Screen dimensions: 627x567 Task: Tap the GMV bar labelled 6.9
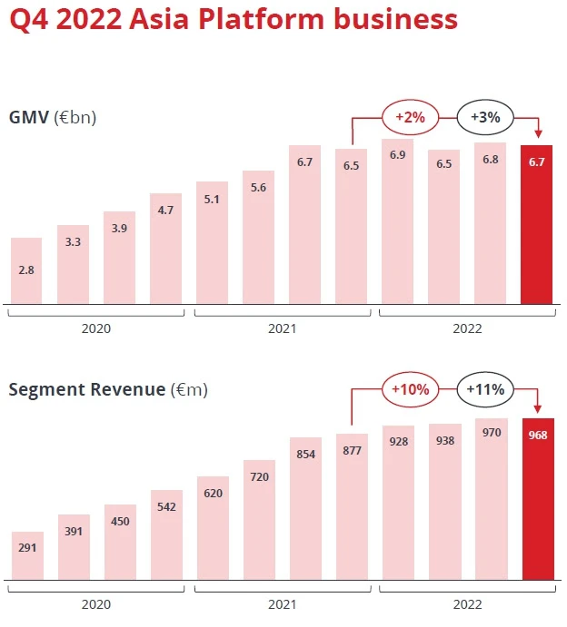pyautogui.click(x=397, y=221)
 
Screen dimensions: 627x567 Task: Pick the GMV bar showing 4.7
pyautogui.click(x=165, y=249)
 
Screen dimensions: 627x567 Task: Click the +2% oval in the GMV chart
pyautogui.click(x=410, y=116)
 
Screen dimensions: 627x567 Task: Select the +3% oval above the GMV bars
pyautogui.click(x=485, y=116)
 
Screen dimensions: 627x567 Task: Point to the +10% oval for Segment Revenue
pyautogui.click(x=411, y=388)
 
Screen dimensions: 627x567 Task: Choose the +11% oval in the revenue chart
pyautogui.click(x=485, y=388)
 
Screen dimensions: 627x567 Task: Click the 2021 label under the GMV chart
pyautogui.click(x=283, y=328)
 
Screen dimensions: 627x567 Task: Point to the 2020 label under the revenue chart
pyautogui.click(x=96, y=603)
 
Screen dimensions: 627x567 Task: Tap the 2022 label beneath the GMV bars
pyautogui.click(x=467, y=328)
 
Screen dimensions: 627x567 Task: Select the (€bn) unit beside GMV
pyautogui.click(x=75, y=117)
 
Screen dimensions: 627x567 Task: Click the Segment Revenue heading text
pyautogui.click(x=87, y=390)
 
